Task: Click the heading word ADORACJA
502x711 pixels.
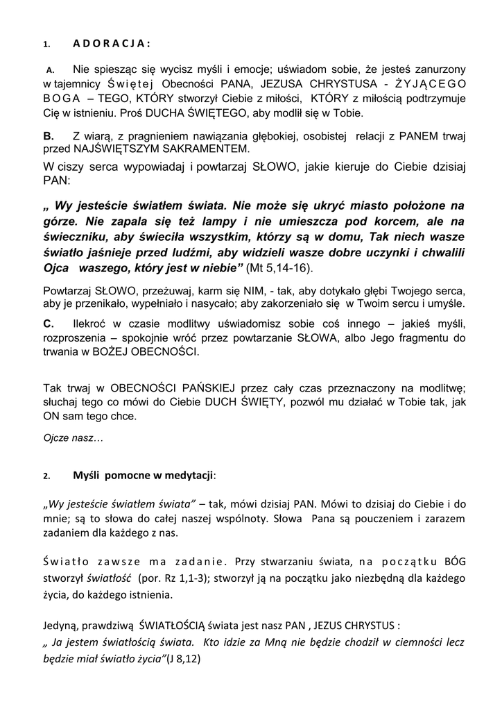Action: pos(112,44)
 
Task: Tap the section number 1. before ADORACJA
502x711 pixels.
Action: pos(46,44)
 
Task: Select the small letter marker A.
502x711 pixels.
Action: pos(50,70)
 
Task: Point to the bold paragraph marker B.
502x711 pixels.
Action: pos(49,137)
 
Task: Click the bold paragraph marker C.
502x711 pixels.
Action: pos(49,324)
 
